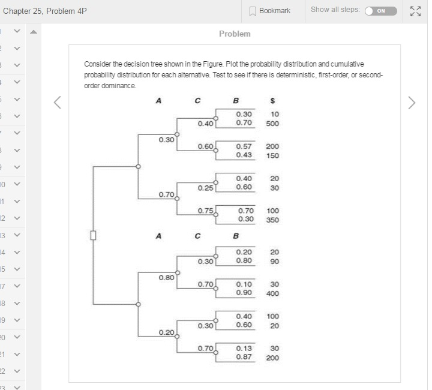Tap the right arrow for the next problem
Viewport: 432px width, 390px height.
[x=411, y=103]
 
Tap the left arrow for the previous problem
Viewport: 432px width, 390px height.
[x=58, y=103]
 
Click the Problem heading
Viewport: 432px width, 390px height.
[x=235, y=34]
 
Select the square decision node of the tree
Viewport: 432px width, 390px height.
[x=93, y=235]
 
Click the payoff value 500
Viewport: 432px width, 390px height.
[x=273, y=123]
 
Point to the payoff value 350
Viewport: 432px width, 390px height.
[x=273, y=220]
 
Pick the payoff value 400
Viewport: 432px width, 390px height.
[x=273, y=293]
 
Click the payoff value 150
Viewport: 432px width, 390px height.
[x=273, y=155]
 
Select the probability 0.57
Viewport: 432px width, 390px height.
[x=244, y=146]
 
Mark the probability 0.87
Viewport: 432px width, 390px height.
[x=244, y=357]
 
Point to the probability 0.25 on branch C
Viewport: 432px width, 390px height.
[x=205, y=188]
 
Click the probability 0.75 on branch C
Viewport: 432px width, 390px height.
[x=205, y=210]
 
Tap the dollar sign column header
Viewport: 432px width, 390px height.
[x=274, y=101]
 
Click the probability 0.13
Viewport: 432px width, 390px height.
[x=244, y=347]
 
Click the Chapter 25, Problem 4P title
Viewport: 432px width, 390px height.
[x=45, y=11]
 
